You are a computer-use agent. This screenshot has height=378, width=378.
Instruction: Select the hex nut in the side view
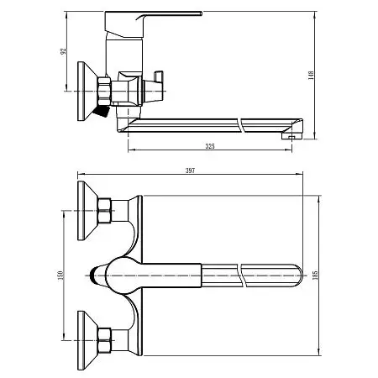[x=106, y=89]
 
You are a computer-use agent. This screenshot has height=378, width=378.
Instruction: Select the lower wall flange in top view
[x=84, y=336]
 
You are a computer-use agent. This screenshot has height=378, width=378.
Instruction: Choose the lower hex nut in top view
[x=106, y=340]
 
